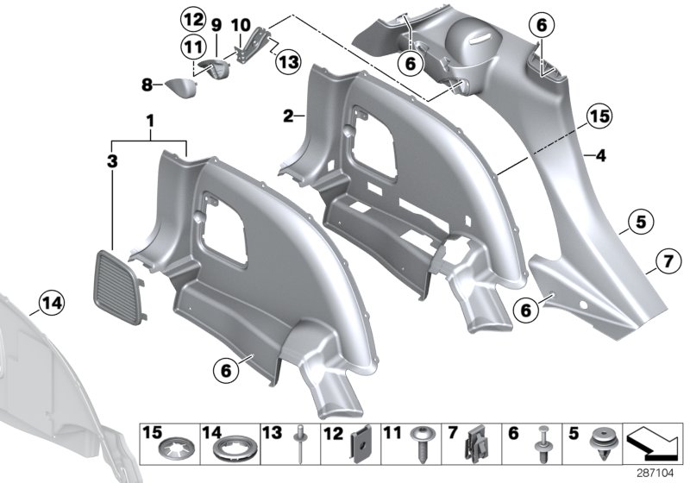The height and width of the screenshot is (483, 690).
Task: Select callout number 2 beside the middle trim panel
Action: [x=289, y=115]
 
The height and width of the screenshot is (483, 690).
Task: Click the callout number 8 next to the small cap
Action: [x=147, y=85]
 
